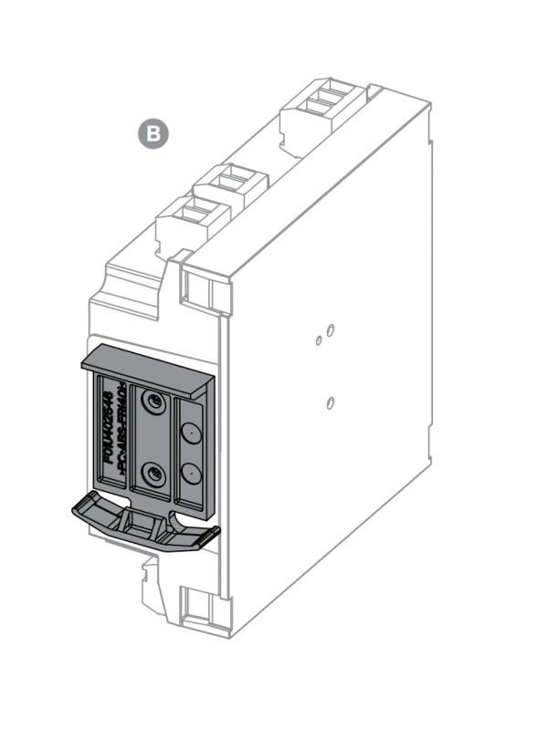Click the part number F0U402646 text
coord(109,428)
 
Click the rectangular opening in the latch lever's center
coord(140,523)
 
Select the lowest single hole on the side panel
coord(329,401)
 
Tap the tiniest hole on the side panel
coord(318,340)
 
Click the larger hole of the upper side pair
coord(332,328)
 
